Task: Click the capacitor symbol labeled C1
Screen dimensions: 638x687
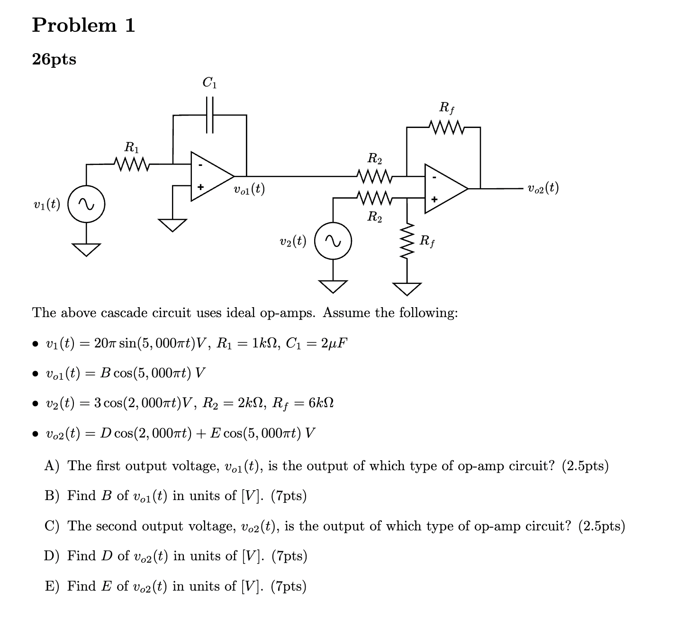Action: point(210,115)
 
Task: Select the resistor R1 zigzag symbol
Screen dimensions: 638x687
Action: point(132,164)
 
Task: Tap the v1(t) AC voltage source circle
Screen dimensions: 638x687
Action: point(86,205)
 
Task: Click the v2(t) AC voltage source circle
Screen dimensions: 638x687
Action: point(333,241)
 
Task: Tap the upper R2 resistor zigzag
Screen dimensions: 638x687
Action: point(374,176)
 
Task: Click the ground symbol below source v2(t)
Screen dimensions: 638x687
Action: point(333,286)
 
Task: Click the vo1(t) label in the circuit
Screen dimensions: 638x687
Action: point(249,190)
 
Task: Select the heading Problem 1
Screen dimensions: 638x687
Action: point(83,25)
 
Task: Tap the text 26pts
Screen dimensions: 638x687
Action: point(54,60)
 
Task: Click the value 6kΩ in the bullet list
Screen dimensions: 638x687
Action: point(321,403)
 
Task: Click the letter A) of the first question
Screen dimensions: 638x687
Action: point(51,466)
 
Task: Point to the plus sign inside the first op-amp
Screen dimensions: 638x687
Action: point(200,188)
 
